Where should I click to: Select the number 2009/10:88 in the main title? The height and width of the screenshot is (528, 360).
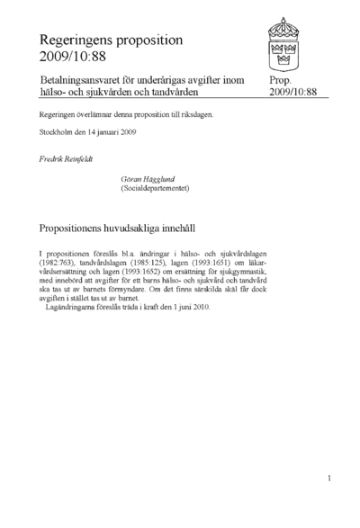(70, 58)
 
